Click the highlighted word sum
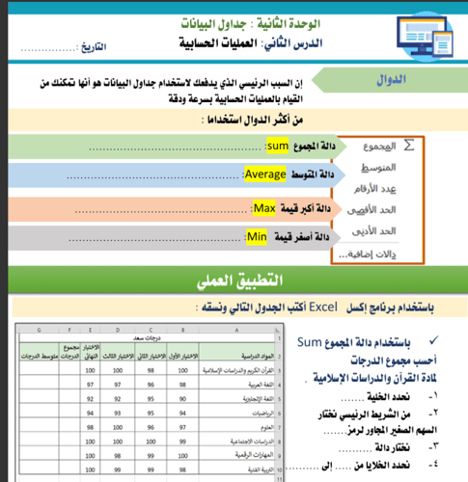[x=277, y=146]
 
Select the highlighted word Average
[x=263, y=174]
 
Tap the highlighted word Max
[x=263, y=208]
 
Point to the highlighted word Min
[x=257, y=236]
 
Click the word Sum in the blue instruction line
[x=310, y=341]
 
